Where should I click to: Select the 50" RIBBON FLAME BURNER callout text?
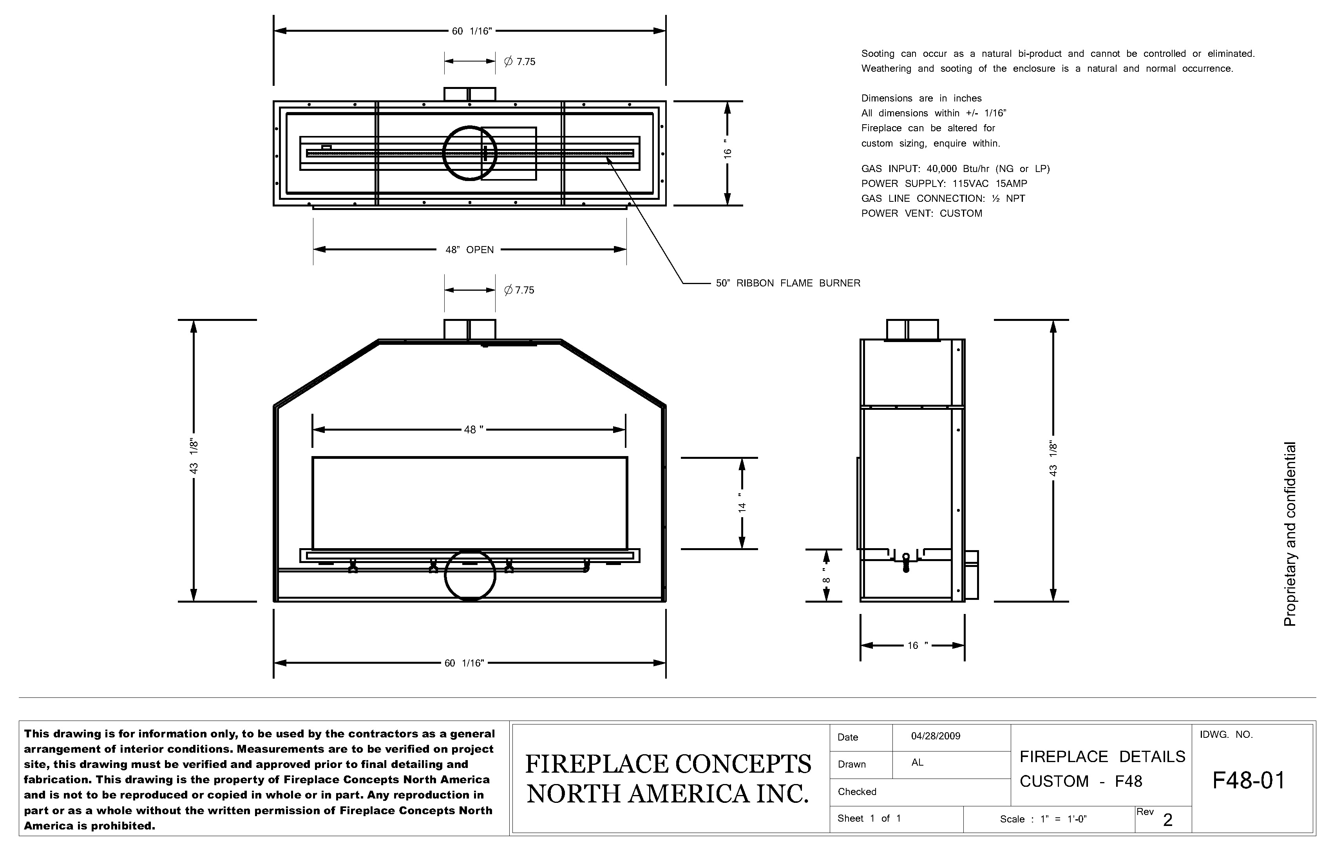click(787, 283)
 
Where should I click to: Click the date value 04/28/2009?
click(935, 736)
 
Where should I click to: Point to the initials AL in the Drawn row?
click(917, 762)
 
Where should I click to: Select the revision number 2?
click(1167, 820)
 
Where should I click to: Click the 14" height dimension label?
click(742, 503)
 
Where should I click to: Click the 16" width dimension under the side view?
click(917, 645)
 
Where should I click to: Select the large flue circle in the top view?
click(470, 153)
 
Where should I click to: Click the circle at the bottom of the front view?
click(470, 576)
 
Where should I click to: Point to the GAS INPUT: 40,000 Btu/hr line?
click(955, 168)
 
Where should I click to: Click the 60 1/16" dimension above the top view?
click(471, 31)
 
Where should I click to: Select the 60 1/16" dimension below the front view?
click(463, 663)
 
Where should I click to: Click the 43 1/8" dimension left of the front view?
click(194, 456)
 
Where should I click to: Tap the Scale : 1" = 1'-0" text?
click(1042, 819)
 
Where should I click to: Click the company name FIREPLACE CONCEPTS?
click(668, 764)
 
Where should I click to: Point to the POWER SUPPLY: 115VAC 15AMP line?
click(944, 184)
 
